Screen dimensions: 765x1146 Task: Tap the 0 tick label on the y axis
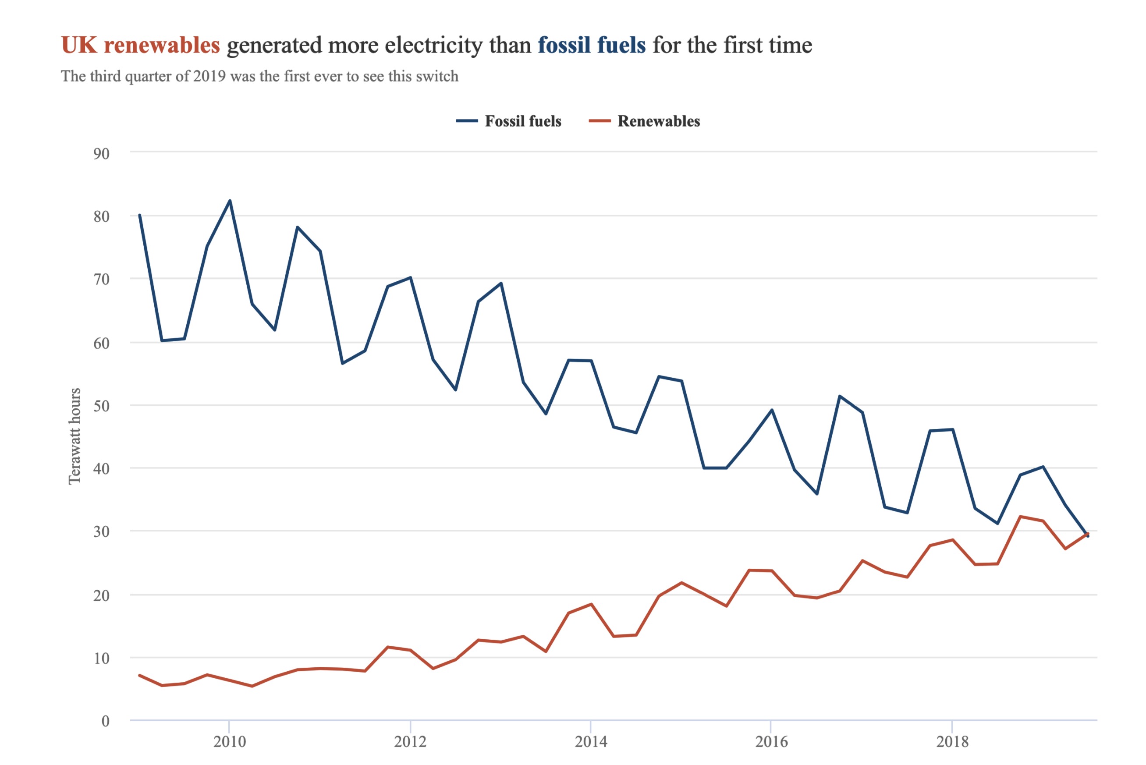105,721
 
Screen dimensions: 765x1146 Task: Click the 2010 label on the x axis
229,742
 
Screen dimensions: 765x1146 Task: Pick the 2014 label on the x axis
591,742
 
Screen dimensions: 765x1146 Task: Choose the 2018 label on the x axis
952,742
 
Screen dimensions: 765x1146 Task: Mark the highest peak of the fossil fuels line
230,201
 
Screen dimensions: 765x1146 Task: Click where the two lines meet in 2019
1086,534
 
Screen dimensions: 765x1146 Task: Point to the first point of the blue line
139,215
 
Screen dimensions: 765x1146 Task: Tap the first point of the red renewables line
139,675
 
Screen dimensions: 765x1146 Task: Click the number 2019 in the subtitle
209,77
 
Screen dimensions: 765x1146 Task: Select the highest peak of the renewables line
1021,516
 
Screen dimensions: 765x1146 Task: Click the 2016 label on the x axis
771,742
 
